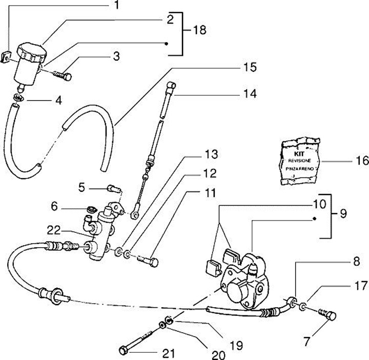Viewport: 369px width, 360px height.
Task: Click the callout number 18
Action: point(199,30)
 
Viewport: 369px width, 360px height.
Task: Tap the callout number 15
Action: point(250,67)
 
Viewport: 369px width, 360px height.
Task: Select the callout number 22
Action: point(54,230)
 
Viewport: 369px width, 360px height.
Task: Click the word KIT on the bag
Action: point(299,154)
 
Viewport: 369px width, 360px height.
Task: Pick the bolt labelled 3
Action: point(63,75)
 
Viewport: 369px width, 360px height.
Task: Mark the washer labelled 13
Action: point(118,252)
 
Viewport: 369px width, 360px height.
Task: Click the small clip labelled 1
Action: point(5,57)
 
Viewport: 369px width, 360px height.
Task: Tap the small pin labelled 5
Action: point(114,189)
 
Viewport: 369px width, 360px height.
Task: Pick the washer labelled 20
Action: point(162,326)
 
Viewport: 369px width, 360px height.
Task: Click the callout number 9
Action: point(343,214)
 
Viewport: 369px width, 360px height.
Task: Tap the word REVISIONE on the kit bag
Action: point(300,161)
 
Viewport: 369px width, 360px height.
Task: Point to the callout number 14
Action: point(250,94)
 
